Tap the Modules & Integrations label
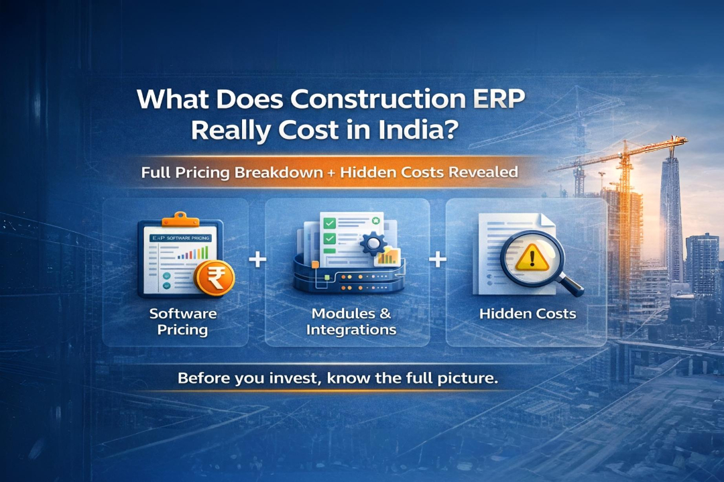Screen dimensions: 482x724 pos(351,321)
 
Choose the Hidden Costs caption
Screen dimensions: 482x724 pos(528,313)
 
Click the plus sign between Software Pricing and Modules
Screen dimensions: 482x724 pos(257,260)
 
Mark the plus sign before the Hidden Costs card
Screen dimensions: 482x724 pos(438,260)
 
